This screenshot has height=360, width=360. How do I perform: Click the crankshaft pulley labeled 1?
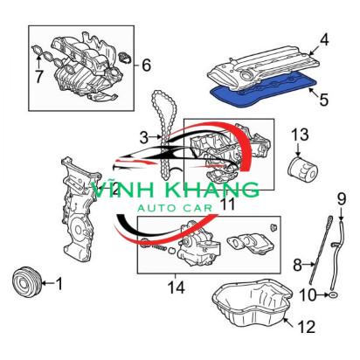[28, 281]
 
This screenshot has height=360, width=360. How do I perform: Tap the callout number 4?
[324, 40]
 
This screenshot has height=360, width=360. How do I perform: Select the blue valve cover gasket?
[263, 90]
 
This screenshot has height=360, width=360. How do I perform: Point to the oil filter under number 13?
[303, 170]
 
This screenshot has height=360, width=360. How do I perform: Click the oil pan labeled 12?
[253, 303]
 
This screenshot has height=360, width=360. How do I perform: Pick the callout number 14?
[177, 287]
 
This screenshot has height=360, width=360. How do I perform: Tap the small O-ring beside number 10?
[334, 295]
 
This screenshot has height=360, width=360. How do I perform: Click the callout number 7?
[38, 76]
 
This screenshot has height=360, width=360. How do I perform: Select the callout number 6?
[146, 65]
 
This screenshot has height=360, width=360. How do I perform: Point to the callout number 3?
[144, 137]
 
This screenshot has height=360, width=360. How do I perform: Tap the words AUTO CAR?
[175, 208]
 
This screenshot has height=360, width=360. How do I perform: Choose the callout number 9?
[342, 199]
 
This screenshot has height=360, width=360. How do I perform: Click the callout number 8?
[297, 265]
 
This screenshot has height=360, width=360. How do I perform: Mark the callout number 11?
[228, 204]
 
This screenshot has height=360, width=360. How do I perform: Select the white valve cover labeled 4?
[263, 67]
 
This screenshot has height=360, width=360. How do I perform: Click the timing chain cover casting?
[80, 209]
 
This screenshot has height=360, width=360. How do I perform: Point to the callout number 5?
[324, 100]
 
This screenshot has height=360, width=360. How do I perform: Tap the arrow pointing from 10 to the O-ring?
[322, 295]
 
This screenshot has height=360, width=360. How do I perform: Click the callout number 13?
[300, 135]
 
